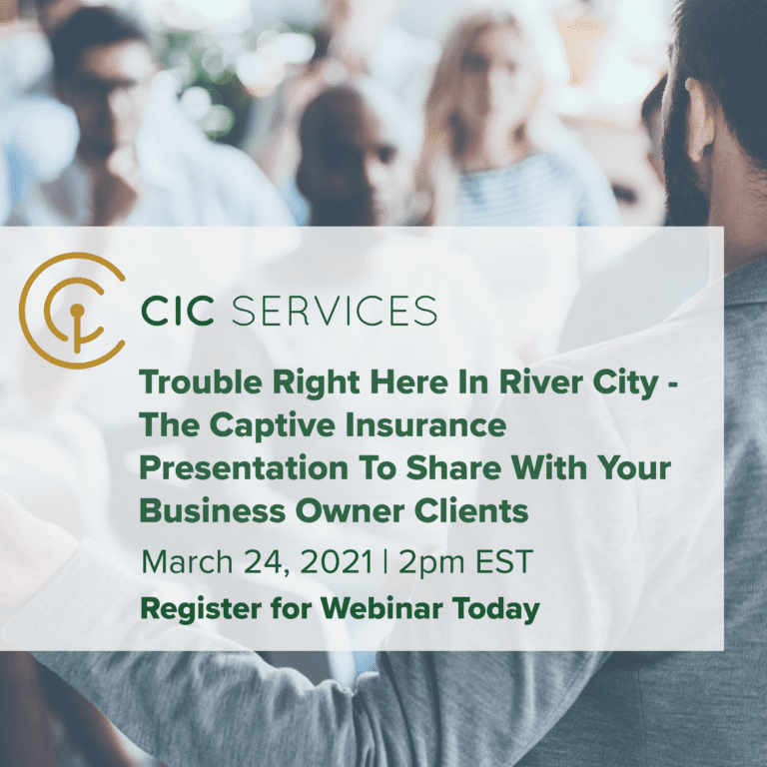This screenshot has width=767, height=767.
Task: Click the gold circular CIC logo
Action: click(73, 310)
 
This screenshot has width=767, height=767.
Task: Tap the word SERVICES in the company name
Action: click(334, 311)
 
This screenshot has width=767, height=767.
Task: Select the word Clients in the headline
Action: click(468, 511)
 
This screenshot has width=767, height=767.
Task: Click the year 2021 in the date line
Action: click(332, 561)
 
